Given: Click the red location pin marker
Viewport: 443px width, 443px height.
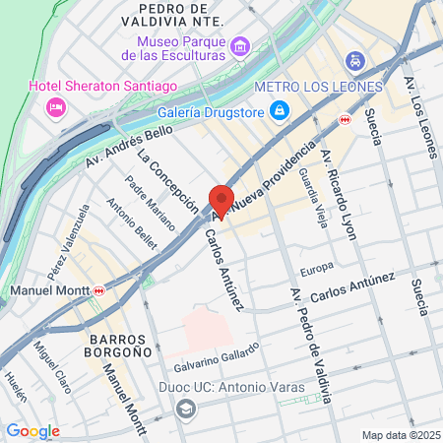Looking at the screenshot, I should pos(221,201).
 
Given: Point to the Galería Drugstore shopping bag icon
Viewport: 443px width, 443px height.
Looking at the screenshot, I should pos(281,108).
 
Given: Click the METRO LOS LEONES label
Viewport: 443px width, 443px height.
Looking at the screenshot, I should pos(319,86).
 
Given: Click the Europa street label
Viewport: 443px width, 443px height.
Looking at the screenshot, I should pos(317,266).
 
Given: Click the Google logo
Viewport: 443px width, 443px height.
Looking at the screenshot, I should pos(32,431).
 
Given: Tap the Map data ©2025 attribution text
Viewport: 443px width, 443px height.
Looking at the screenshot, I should pos(399,435).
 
